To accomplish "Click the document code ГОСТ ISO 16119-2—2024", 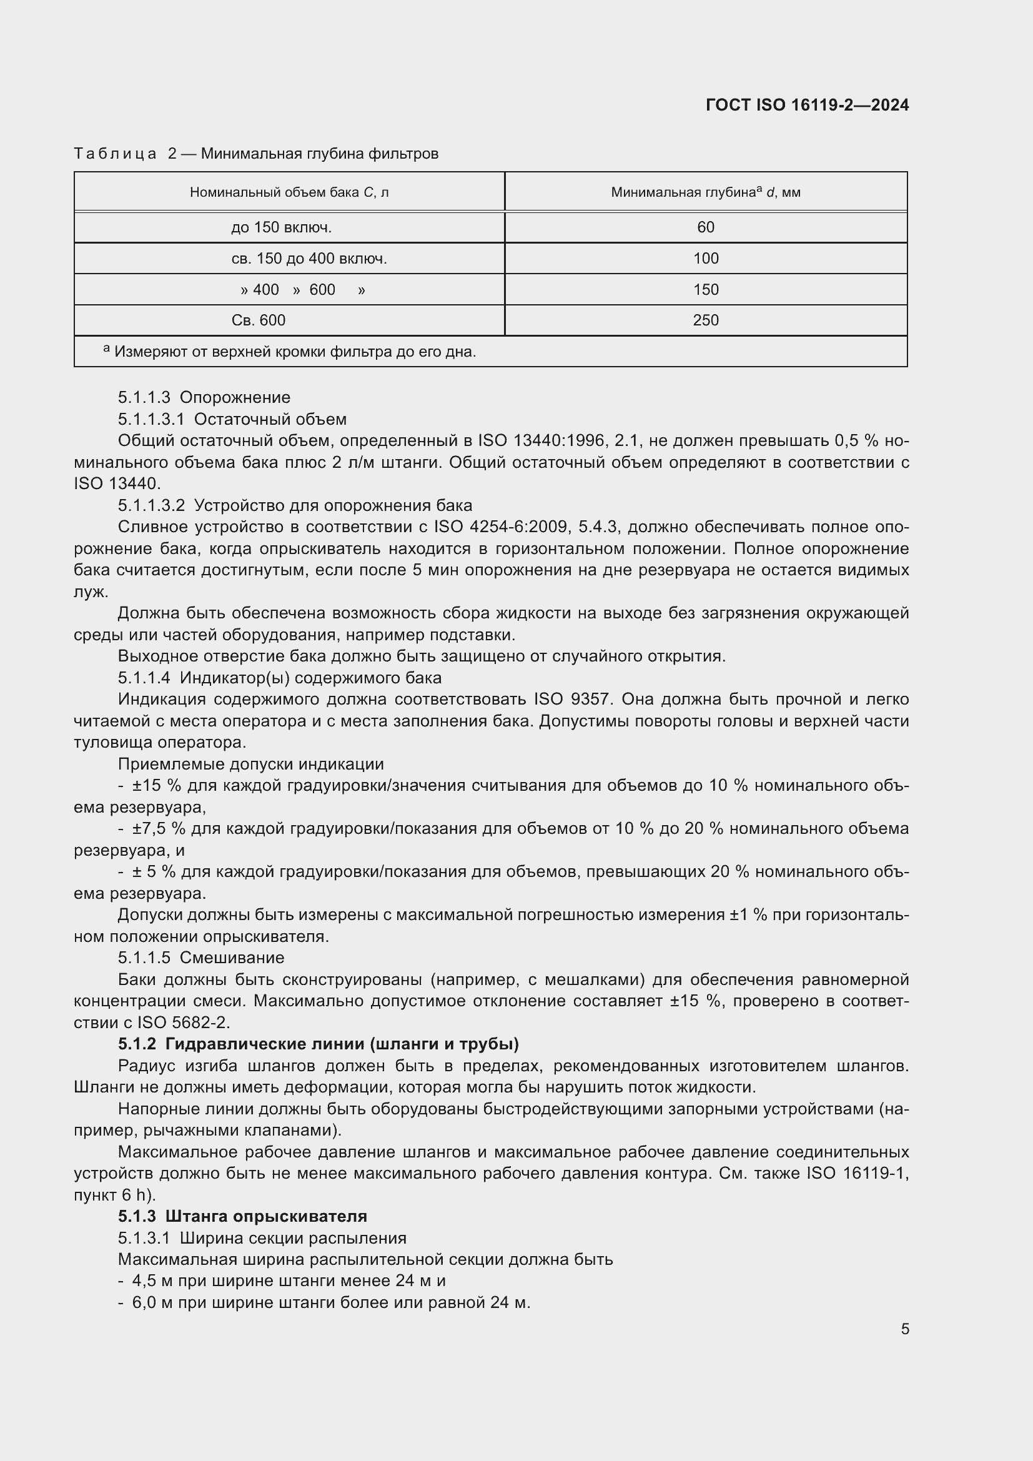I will (x=806, y=105).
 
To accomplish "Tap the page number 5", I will (x=904, y=1329).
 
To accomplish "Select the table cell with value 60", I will (x=705, y=227).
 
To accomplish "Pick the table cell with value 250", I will (x=705, y=320).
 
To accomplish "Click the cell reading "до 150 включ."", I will (x=281, y=227).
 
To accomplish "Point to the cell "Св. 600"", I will (x=259, y=320).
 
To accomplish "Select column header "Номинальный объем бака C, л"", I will (x=289, y=192).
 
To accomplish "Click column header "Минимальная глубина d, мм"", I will (x=705, y=192).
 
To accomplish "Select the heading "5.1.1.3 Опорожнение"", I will (x=204, y=397).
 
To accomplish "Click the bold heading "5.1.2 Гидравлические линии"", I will (x=318, y=1044).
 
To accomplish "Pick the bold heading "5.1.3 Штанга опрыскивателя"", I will (x=242, y=1216).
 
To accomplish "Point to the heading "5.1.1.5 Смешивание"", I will (x=200, y=958).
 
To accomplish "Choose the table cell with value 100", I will (x=705, y=259).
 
